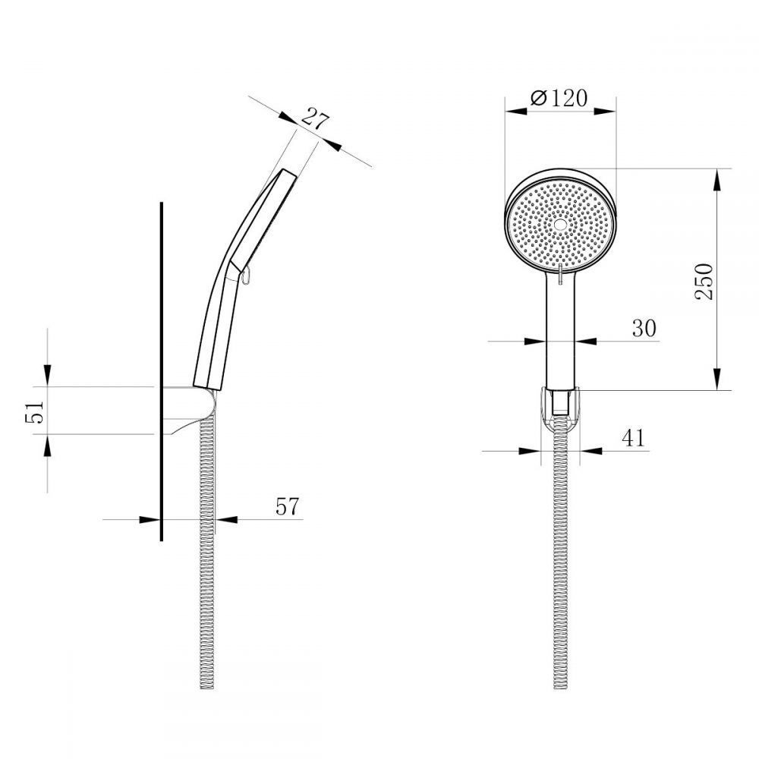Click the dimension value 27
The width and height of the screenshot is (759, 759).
(315, 121)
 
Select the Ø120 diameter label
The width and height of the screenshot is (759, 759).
(559, 98)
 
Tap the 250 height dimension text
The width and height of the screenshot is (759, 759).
(704, 282)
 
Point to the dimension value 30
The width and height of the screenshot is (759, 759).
(644, 328)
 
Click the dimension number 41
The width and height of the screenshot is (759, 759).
(634, 438)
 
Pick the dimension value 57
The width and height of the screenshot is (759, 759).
(288, 506)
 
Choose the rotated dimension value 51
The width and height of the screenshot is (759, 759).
(35, 411)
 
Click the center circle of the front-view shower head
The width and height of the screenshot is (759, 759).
(560, 224)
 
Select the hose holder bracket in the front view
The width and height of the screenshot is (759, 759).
(560, 408)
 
